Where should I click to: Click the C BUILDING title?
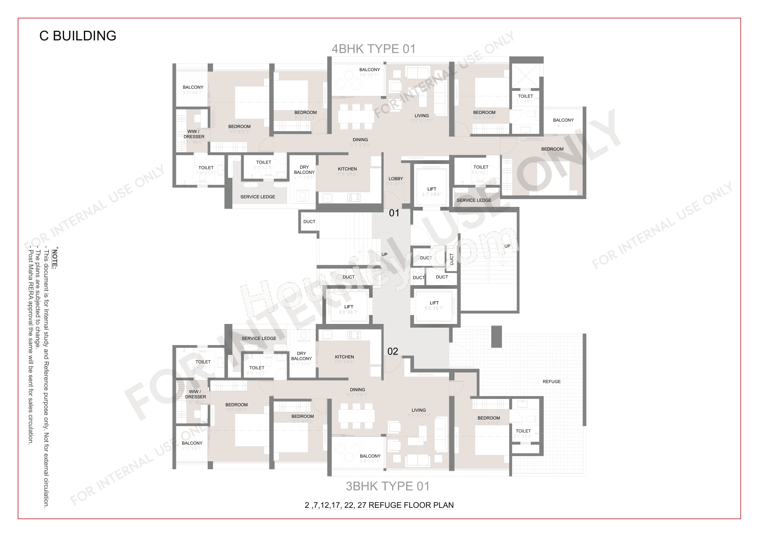(78, 36)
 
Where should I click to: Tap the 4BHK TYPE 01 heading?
(373, 49)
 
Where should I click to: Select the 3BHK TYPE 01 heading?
(388, 486)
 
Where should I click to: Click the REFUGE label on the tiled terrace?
(551, 382)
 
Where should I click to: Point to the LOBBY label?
(396, 179)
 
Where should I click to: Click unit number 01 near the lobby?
(394, 213)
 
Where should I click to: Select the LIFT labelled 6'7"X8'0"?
(432, 189)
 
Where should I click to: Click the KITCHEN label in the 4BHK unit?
(347, 169)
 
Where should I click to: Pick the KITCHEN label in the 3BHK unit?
(344, 357)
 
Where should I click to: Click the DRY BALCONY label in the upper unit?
(304, 170)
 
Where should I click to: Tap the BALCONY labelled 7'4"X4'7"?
(563, 120)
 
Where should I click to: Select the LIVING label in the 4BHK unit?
(421, 116)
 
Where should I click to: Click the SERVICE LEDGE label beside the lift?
(474, 200)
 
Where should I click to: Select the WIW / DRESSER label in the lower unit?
(195, 394)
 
